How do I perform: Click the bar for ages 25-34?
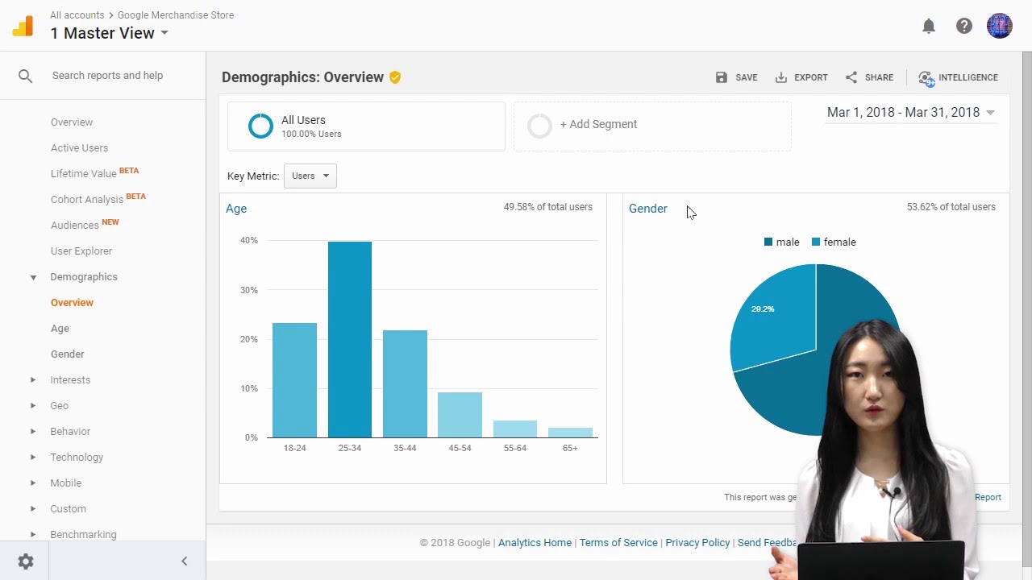[350, 339]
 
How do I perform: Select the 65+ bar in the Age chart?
[570, 433]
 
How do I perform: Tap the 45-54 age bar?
[460, 415]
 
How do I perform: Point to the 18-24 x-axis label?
[294, 448]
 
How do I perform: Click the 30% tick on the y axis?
[249, 290]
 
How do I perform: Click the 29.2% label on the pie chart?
[763, 309]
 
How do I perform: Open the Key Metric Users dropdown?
[310, 176]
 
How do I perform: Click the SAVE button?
[736, 77]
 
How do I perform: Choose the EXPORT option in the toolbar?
[801, 77]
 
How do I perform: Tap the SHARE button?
[869, 77]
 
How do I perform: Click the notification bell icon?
[929, 26]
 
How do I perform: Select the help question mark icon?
[964, 26]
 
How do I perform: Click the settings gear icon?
[26, 561]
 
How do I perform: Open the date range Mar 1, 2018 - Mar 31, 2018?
[910, 113]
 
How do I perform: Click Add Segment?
[597, 124]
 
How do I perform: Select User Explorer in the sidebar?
[81, 251]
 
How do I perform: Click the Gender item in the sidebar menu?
[67, 354]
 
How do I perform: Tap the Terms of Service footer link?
[618, 543]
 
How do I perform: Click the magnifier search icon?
[26, 76]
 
